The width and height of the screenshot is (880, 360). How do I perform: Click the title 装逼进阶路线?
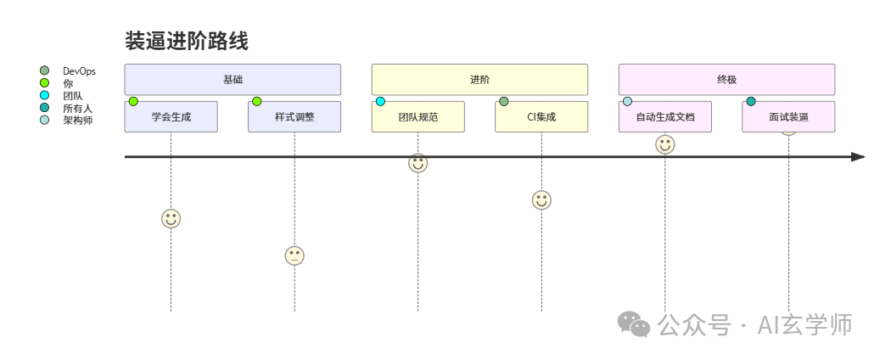[x=187, y=41]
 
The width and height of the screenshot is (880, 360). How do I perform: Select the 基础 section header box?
[x=233, y=80]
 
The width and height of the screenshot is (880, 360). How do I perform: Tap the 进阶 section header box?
[x=479, y=80]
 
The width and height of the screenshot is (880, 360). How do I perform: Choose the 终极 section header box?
[x=726, y=80]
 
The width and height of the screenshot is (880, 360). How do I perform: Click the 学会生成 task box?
[x=171, y=117]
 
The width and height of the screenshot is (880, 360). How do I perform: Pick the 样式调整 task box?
[x=294, y=117]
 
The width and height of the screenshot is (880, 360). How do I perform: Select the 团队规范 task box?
[x=418, y=117]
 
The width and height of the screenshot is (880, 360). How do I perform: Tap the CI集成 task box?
[x=541, y=117]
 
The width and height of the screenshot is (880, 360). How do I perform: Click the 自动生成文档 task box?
[x=665, y=117]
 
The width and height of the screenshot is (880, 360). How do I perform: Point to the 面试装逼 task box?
[x=788, y=117]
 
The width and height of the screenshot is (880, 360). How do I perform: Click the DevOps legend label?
[x=79, y=71]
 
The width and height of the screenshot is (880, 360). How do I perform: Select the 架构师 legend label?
[x=77, y=121]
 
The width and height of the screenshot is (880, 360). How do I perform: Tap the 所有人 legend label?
[x=77, y=109]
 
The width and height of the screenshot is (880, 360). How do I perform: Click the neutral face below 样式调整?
[x=294, y=256]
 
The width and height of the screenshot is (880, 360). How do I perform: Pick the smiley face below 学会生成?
[x=171, y=218]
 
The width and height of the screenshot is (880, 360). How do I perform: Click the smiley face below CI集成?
[x=541, y=200]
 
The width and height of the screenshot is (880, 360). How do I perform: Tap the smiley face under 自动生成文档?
[x=665, y=144]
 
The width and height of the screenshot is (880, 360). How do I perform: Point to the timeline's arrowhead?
[x=858, y=157]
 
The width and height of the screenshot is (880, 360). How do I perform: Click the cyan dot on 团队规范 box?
[x=380, y=102]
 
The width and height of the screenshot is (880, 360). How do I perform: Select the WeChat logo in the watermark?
[x=634, y=323]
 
